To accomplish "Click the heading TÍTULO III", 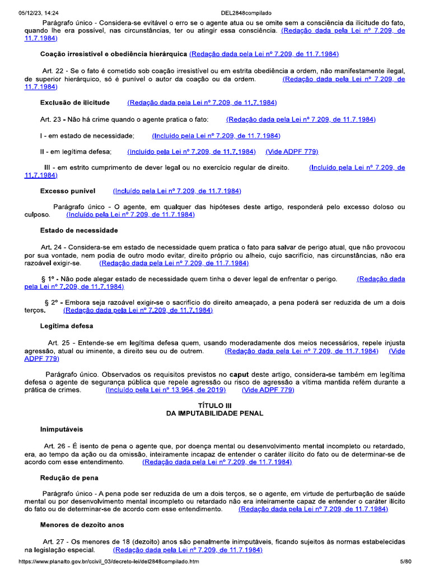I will tap(215, 405).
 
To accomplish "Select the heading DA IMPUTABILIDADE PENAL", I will tap(215, 413).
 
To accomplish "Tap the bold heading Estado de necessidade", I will tap(79, 230).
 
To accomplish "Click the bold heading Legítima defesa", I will tap(67, 326).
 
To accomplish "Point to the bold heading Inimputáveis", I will tap(62, 429).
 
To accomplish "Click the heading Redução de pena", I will tap(69, 478).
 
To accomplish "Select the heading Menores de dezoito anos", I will tap(82, 525).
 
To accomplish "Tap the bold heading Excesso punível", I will tap(68, 191).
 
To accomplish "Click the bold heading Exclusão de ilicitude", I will tap(75, 103).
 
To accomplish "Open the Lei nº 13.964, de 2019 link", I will tap(166, 390).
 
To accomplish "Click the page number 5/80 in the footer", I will tap(405, 561).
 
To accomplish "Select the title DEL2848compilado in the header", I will tap(246, 12).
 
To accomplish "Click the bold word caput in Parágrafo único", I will tap(255, 373).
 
